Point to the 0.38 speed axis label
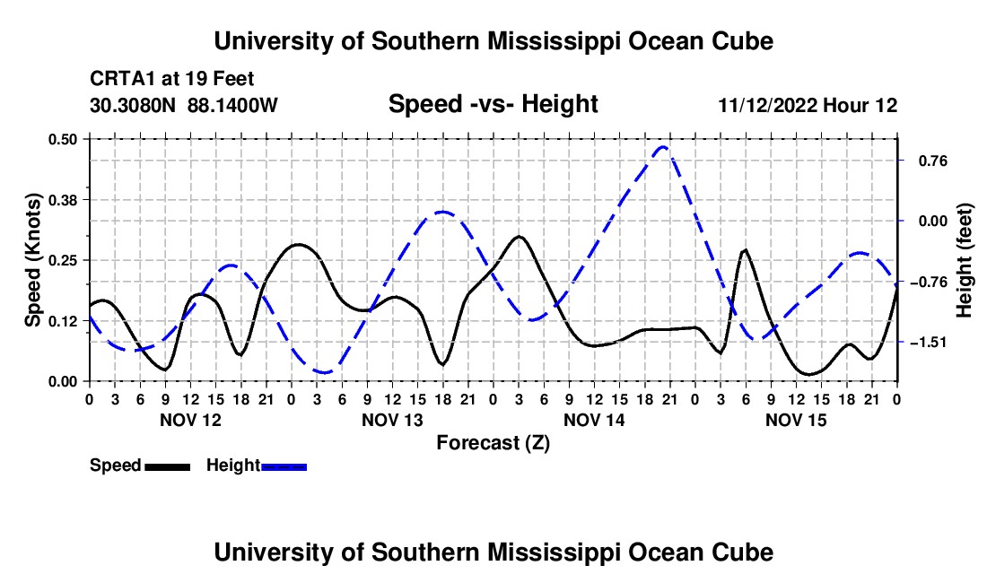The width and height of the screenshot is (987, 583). pos(63,200)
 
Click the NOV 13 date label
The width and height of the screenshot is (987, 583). pos(392,420)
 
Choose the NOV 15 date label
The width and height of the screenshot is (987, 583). pos(796,420)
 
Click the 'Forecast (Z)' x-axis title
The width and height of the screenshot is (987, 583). pos(493,443)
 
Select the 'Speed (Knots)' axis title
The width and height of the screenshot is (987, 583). pos(32,260)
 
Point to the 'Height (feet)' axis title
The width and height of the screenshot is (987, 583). pos(964,260)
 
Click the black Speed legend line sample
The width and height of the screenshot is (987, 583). pos(168,467)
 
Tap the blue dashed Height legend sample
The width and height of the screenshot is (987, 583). pos(284,467)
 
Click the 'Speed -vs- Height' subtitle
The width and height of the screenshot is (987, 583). pos(493,104)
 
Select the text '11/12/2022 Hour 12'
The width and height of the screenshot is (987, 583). pos(808,105)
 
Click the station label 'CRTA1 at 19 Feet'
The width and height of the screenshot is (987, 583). pos(172,79)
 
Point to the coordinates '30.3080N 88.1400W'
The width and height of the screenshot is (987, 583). pos(184,105)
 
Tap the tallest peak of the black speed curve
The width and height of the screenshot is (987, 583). pos(519,237)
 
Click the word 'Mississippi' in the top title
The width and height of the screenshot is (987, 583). pos(554,41)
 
